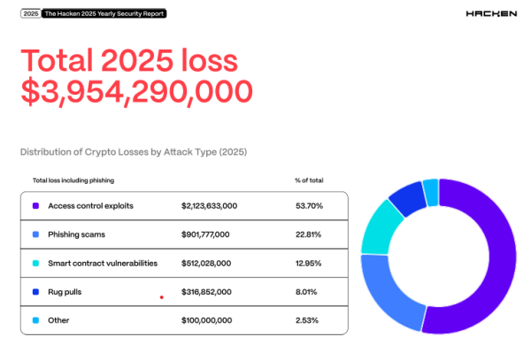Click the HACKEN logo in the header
coord(489,15)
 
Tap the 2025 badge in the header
coord(30,15)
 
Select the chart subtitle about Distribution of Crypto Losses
coord(133,151)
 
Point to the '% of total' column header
coord(309,180)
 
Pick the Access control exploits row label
coord(90,205)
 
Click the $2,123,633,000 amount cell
coord(209,205)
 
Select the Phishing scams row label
coord(76,234)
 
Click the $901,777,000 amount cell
coord(205,234)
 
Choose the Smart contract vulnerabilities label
coord(103,263)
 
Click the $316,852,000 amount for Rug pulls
coord(205,292)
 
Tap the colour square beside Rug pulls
coord(35,292)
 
